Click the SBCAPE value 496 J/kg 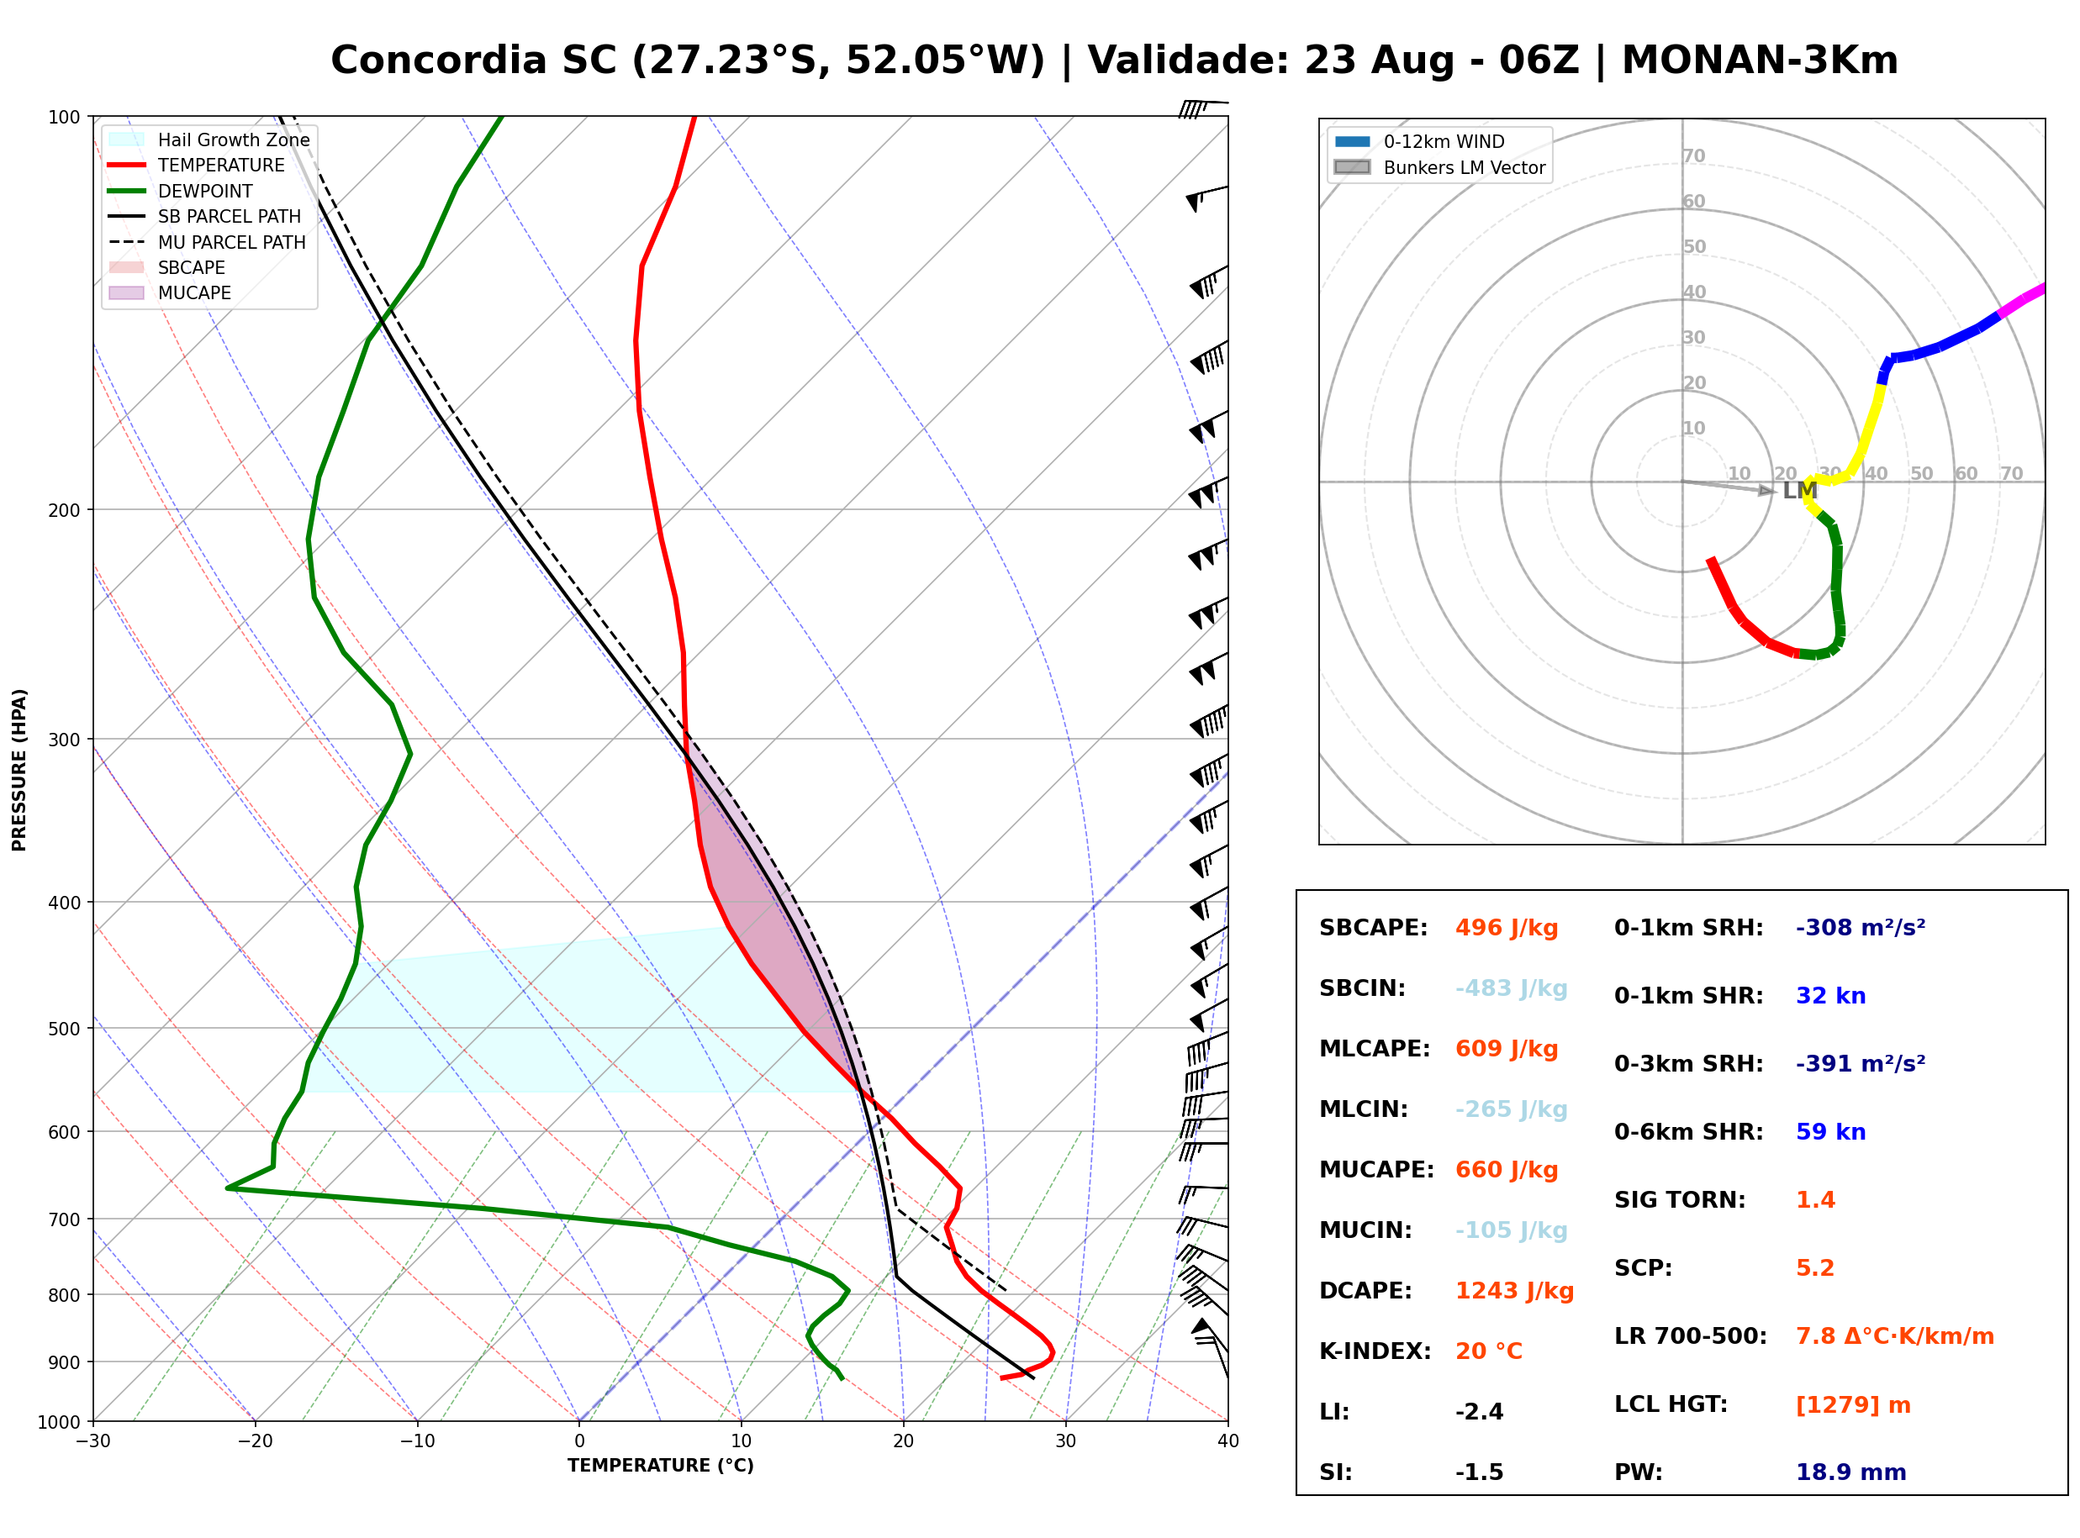[x=1507, y=928]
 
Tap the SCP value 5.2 [x=1814, y=1268]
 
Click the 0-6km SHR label [x=1688, y=1132]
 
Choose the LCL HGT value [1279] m [x=1853, y=1405]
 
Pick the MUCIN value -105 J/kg [x=1511, y=1230]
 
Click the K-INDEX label [x=1375, y=1351]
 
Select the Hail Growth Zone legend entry [x=209, y=140]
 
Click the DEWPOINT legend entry [x=181, y=191]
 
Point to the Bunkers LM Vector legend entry [x=1439, y=167]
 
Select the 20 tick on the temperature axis [x=903, y=1441]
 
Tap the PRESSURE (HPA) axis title [x=18, y=769]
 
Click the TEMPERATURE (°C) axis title [x=660, y=1466]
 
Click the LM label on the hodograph [x=1800, y=491]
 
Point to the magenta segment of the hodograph [x=2022, y=300]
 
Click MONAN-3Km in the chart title [x=1760, y=61]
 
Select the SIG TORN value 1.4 [x=1814, y=1200]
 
